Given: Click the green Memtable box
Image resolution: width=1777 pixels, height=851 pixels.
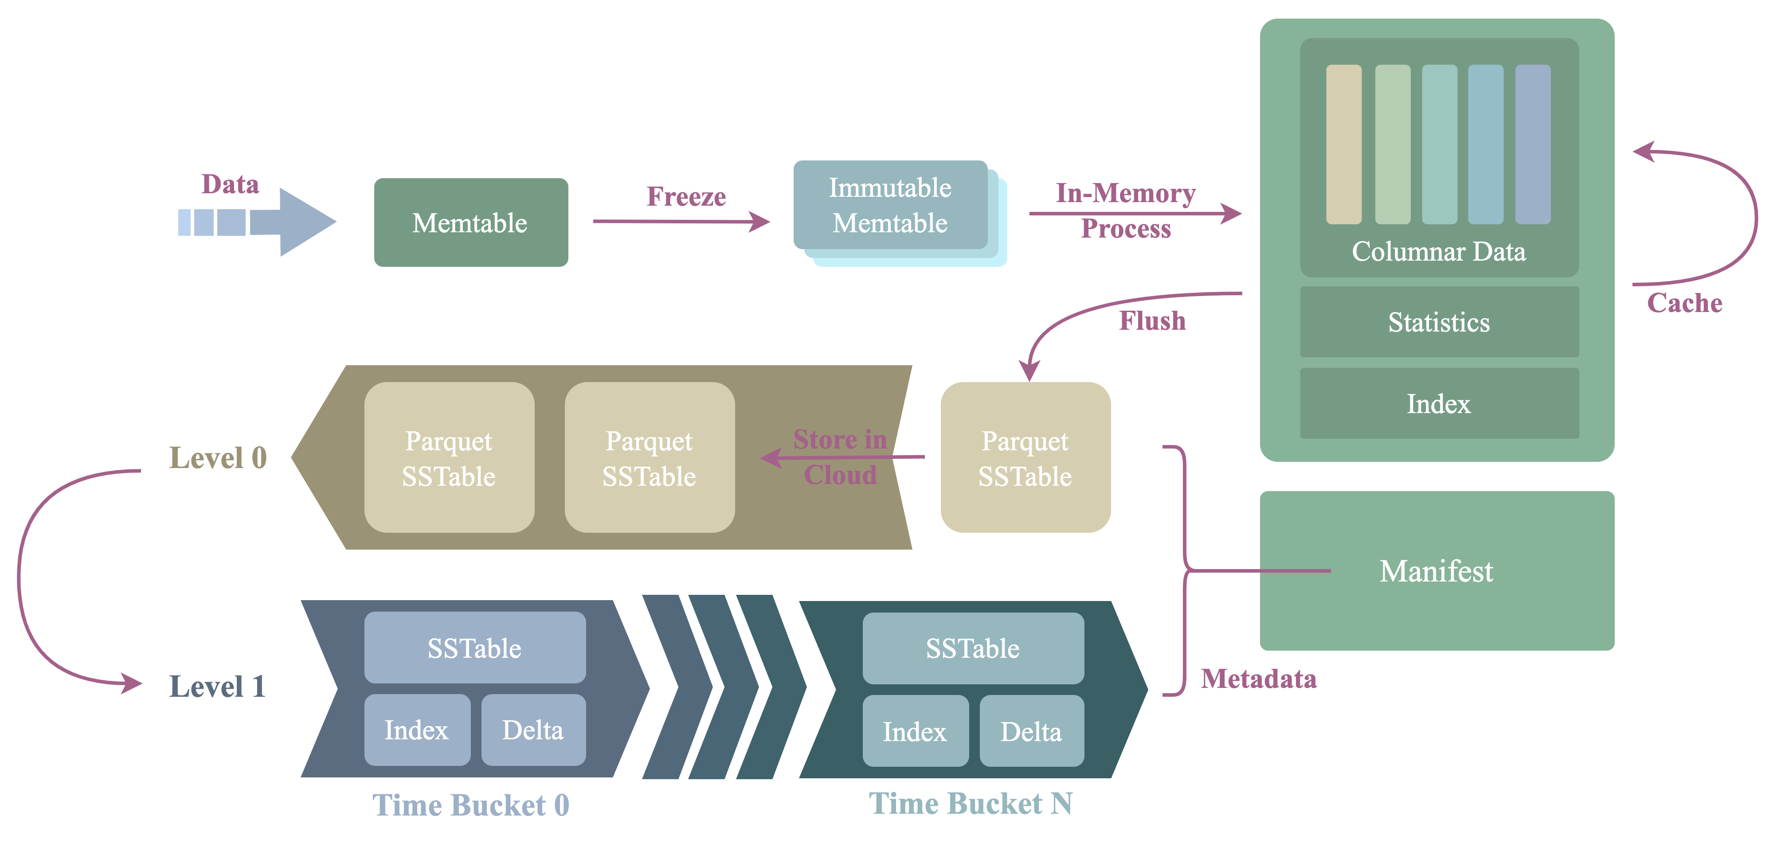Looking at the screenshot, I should click(470, 223).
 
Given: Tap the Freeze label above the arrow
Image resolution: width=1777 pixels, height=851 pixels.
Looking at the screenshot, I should click(686, 196).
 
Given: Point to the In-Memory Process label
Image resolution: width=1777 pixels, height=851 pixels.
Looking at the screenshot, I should click(1126, 211).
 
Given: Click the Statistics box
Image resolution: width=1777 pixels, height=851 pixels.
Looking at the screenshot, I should click(1439, 322).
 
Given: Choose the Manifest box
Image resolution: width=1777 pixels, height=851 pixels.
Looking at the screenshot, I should click(1437, 571).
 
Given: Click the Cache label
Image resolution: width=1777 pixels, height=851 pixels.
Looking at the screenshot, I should click(1685, 303).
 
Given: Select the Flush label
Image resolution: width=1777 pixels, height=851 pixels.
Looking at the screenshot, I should click(1152, 321).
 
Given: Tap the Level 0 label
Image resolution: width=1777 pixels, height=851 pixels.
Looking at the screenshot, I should click(218, 458).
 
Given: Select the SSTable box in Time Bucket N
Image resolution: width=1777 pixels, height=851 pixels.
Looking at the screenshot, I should click(973, 648).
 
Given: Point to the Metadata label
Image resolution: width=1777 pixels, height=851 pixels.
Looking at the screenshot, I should click(1258, 679).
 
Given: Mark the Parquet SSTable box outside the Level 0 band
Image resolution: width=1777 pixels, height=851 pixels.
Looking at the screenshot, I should click(1025, 458).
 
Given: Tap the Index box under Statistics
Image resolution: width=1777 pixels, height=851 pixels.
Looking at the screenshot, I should click(1439, 403).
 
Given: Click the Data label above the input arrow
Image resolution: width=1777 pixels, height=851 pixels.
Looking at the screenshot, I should click(230, 184).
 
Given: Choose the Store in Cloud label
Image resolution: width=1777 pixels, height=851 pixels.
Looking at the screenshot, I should click(840, 457).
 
